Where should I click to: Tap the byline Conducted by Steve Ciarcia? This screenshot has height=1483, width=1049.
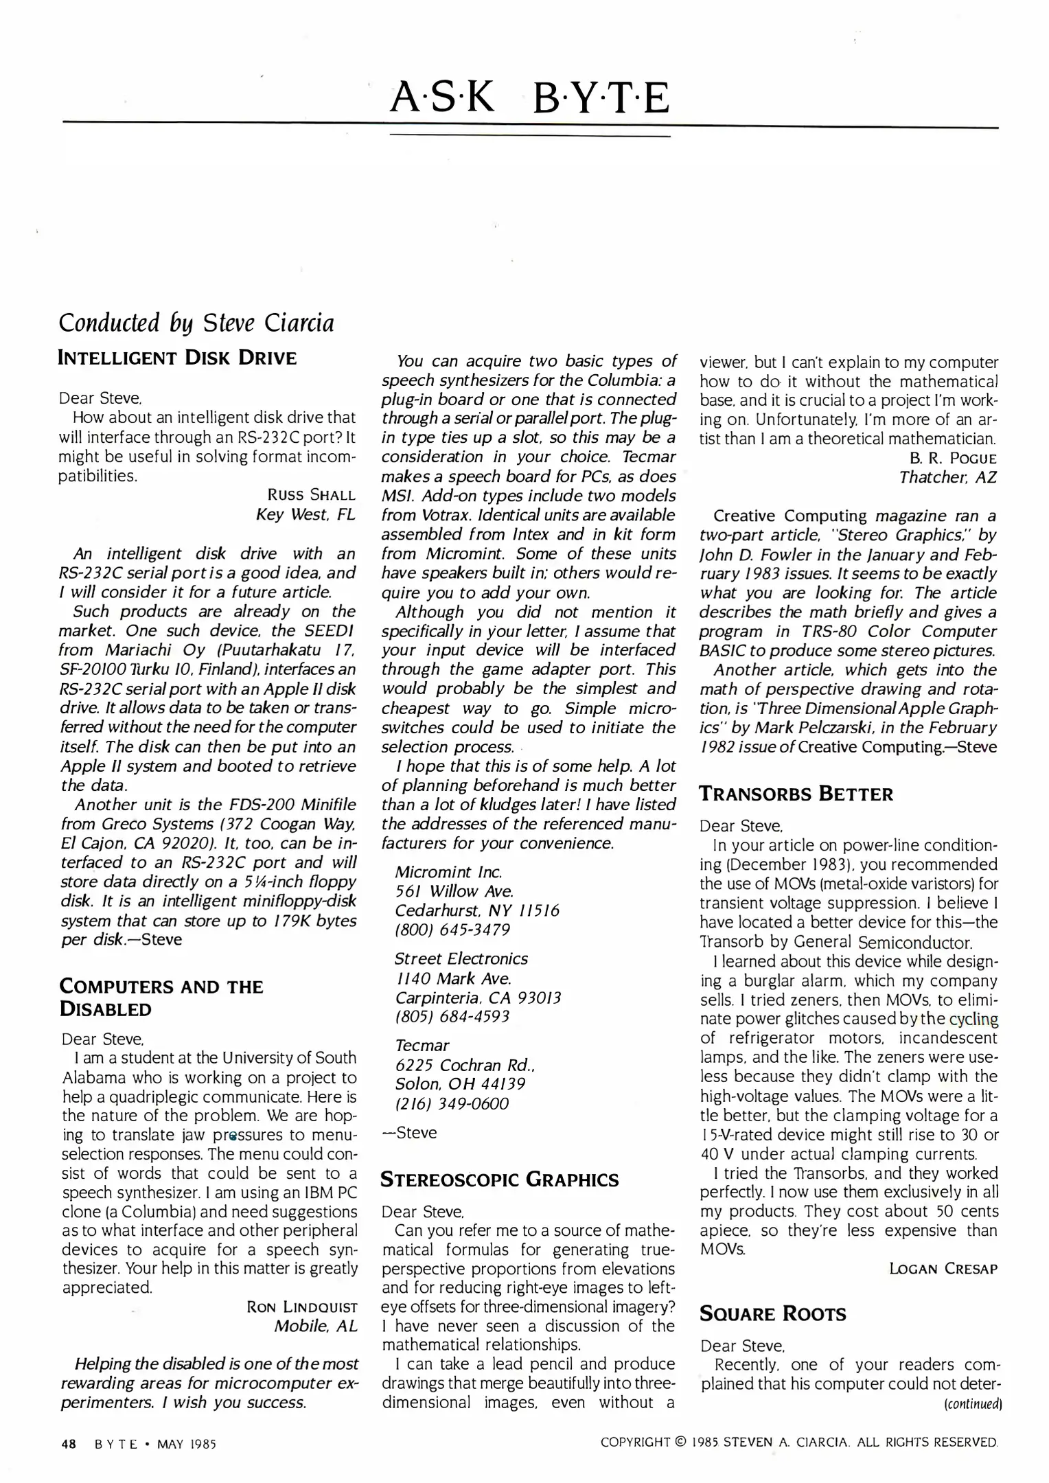tap(197, 322)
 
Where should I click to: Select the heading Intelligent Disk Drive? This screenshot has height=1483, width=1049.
tap(178, 358)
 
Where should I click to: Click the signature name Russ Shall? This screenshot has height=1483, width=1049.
tap(311, 495)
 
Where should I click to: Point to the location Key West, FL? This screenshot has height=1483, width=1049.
tap(306, 514)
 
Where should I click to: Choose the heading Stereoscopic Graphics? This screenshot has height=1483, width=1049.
tap(500, 1180)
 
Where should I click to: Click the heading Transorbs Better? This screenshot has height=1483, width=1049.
tap(796, 794)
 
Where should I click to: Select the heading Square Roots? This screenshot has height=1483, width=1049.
tap(772, 1314)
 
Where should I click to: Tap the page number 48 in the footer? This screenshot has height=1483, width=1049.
tap(68, 1443)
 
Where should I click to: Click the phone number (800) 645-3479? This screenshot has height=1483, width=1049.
tap(452, 930)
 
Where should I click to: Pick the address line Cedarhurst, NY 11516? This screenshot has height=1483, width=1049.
tap(477, 910)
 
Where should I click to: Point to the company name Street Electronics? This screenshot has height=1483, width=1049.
tap(461, 958)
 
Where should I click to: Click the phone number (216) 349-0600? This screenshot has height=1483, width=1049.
tap(452, 1103)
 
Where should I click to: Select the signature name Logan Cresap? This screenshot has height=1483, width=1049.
tap(943, 1269)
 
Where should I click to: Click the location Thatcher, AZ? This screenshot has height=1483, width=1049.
tap(947, 477)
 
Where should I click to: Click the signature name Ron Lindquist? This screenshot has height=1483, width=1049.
tap(301, 1307)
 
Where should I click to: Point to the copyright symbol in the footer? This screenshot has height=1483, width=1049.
tap(680, 1442)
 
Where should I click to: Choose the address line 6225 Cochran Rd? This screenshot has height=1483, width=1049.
tap(465, 1065)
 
